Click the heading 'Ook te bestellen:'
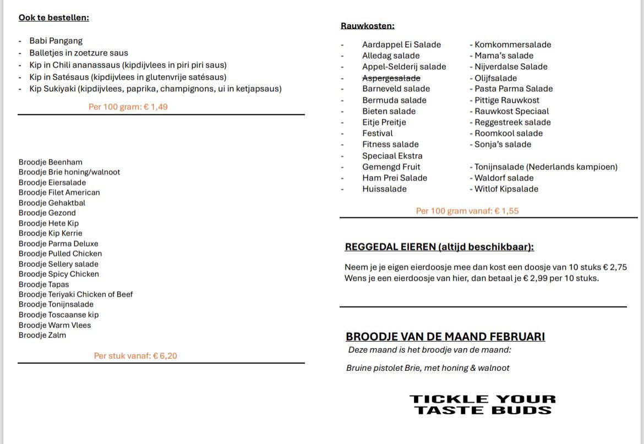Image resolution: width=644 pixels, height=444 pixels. [x=53, y=18]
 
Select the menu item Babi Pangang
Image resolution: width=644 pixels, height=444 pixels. [x=56, y=41]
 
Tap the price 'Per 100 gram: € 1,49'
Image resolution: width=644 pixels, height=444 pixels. [x=128, y=107]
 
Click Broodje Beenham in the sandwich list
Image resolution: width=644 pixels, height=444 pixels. [x=50, y=162]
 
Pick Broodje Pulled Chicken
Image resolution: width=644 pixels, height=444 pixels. [x=60, y=254]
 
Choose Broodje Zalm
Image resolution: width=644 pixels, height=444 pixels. [x=42, y=335]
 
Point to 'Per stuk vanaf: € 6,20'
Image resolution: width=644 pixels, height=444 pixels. [x=135, y=356]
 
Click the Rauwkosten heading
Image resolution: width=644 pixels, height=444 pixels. [x=367, y=26]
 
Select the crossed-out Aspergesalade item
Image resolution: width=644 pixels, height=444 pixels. [x=391, y=78]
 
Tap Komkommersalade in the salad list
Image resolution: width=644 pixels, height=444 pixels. [x=512, y=45]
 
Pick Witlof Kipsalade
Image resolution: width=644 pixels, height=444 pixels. [x=506, y=189]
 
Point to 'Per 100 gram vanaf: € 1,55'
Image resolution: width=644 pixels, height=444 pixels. [x=467, y=211]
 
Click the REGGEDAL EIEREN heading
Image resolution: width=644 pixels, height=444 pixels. [x=439, y=247]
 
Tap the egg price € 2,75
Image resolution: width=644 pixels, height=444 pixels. [x=615, y=267]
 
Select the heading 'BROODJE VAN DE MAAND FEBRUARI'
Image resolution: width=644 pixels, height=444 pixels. [x=445, y=337]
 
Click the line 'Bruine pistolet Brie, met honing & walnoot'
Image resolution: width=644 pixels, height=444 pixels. [x=428, y=368]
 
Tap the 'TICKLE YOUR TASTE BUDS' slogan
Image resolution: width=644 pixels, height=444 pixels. [x=482, y=404]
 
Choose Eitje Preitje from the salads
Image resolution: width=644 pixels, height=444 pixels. [x=384, y=122]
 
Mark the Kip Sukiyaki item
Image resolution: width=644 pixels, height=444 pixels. [x=155, y=89]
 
